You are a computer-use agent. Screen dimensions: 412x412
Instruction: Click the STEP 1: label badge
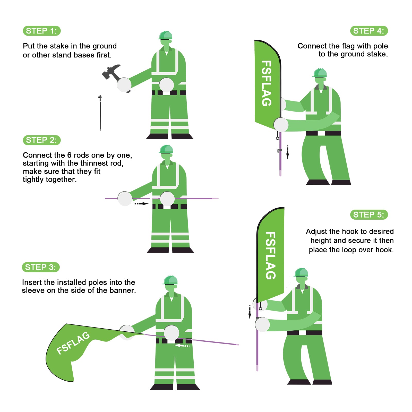[42, 31]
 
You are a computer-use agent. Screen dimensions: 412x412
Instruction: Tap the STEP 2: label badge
[42, 140]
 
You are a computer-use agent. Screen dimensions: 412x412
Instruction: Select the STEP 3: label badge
[41, 267]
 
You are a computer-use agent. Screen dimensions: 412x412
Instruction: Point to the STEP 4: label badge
[369, 31]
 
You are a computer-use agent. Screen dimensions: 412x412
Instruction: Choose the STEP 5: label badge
[369, 215]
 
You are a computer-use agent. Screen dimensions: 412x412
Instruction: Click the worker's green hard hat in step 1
[165, 36]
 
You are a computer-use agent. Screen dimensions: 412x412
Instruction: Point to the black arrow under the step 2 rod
[141, 204]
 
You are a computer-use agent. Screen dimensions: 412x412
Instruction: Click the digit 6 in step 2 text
[69, 155]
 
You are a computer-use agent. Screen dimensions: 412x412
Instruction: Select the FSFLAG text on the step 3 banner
[73, 343]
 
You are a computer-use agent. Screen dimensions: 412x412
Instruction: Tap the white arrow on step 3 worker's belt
[182, 346]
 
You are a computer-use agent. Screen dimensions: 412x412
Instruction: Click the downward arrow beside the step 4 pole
[288, 152]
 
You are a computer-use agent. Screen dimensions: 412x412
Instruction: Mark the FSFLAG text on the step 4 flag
[267, 83]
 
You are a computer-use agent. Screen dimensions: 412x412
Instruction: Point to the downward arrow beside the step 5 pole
[250, 312]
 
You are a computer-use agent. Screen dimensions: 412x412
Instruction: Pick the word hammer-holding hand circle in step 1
[124, 85]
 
